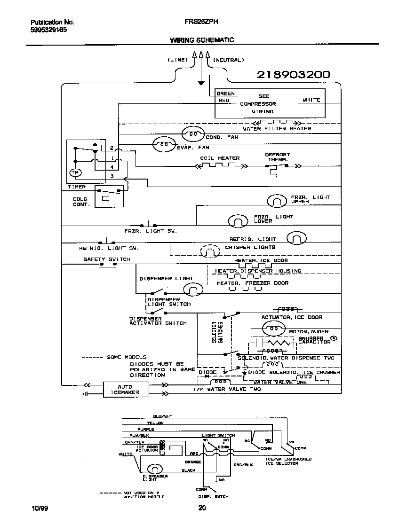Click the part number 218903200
293,75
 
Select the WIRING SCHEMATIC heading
201,40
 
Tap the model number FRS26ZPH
201,22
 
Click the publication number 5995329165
48,29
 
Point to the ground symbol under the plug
201,83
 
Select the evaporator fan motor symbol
163,145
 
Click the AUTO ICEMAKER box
125,390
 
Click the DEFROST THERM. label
278,157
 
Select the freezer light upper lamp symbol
277,201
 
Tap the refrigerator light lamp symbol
296,239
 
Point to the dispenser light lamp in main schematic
192,290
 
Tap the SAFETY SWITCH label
107,259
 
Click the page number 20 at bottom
202,507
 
